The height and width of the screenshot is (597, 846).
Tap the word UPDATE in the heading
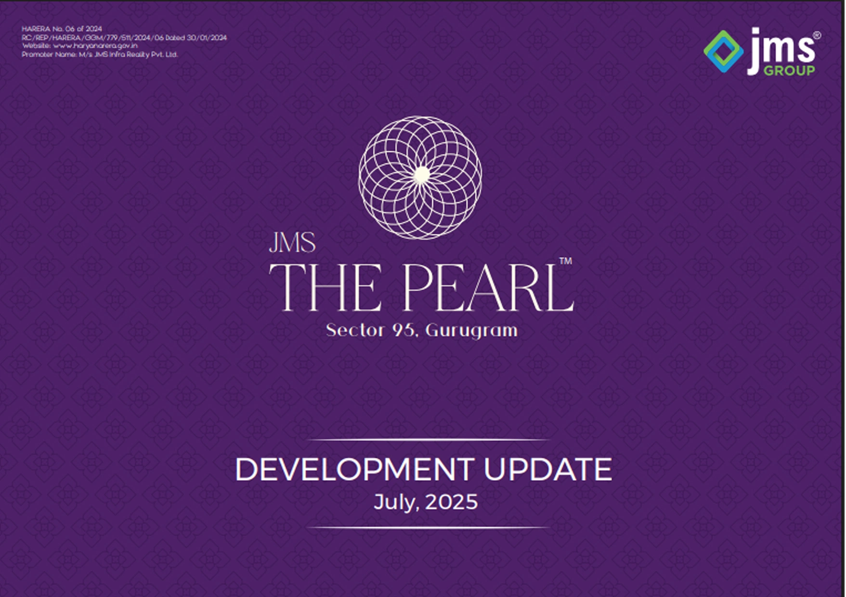[548, 469]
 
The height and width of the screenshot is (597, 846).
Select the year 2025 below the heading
[452, 502]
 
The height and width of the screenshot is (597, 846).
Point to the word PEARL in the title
[488, 288]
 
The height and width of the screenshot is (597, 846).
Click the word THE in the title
[325, 288]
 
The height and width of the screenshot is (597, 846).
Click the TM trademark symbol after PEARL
[566, 261]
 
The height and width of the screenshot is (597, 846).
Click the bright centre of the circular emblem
[422, 175]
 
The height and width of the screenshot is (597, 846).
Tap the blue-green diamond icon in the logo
[723, 52]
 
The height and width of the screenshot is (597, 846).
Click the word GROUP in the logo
[790, 70]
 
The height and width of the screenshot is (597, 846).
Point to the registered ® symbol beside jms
[817, 35]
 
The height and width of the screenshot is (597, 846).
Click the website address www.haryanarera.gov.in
[95, 46]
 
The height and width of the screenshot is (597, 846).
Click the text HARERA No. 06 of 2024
[62, 29]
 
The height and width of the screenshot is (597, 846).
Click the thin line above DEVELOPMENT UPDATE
[428, 440]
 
